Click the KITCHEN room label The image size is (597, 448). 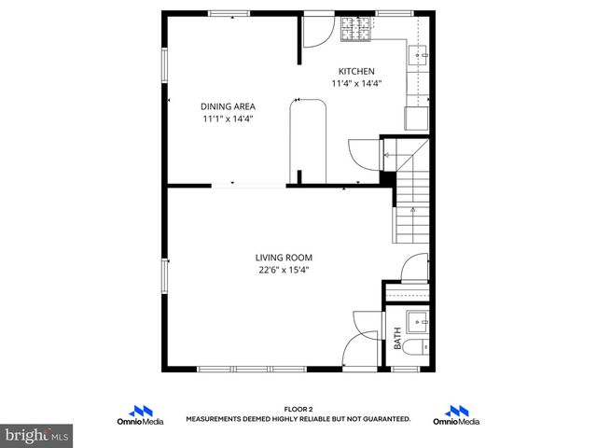(x=356, y=71)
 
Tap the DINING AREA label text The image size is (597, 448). (x=228, y=106)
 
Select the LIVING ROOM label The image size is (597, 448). (x=284, y=258)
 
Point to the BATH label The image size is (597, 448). (x=398, y=338)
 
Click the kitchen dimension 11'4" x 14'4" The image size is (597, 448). (x=356, y=83)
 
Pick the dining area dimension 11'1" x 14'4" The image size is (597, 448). (x=228, y=119)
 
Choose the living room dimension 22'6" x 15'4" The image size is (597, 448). (x=284, y=271)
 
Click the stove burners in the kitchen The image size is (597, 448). (x=354, y=31)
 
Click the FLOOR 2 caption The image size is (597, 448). (x=298, y=409)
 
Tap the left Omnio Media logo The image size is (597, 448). (x=142, y=414)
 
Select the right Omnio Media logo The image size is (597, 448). (x=456, y=414)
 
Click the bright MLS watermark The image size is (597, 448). (x=37, y=435)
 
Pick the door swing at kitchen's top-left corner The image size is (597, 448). (x=315, y=32)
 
